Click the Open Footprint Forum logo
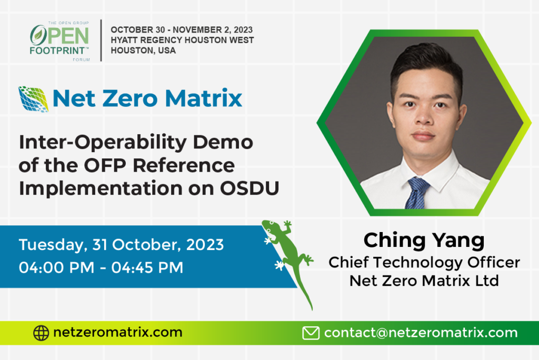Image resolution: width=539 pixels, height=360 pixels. coord(60,41)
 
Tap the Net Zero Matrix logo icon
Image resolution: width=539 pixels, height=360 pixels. coord(33,99)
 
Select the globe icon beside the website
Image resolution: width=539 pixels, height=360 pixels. coord(41,333)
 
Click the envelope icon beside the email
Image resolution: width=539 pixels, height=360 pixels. coord(311,333)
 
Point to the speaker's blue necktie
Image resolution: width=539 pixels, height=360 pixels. coord(417,193)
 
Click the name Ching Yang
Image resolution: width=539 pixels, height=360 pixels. coord(424,241)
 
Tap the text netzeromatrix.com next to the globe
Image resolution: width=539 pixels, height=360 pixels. coord(117,332)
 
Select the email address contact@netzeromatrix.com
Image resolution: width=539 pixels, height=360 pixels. coord(421,333)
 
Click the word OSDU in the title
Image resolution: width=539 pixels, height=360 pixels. coord(249,188)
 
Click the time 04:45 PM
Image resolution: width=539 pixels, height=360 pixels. coord(147,267)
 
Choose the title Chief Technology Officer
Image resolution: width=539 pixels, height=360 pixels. coord(424,263)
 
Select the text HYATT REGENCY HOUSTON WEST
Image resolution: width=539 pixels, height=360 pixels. coord(182,40)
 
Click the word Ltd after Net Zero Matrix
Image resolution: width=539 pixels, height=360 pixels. coord(487,281)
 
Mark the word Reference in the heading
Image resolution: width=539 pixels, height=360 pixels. coord(184,165)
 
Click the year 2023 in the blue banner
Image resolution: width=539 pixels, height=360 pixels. coord(205,245)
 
